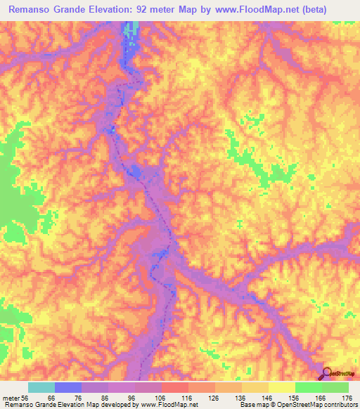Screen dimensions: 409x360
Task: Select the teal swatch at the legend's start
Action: (x=41, y=387)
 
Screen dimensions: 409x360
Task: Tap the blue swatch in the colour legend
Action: (x=68, y=387)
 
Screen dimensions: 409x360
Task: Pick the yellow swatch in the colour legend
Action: (x=282, y=387)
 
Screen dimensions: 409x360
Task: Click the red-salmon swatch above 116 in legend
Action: (x=175, y=387)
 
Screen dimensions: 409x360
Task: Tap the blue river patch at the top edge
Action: (x=131, y=32)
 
